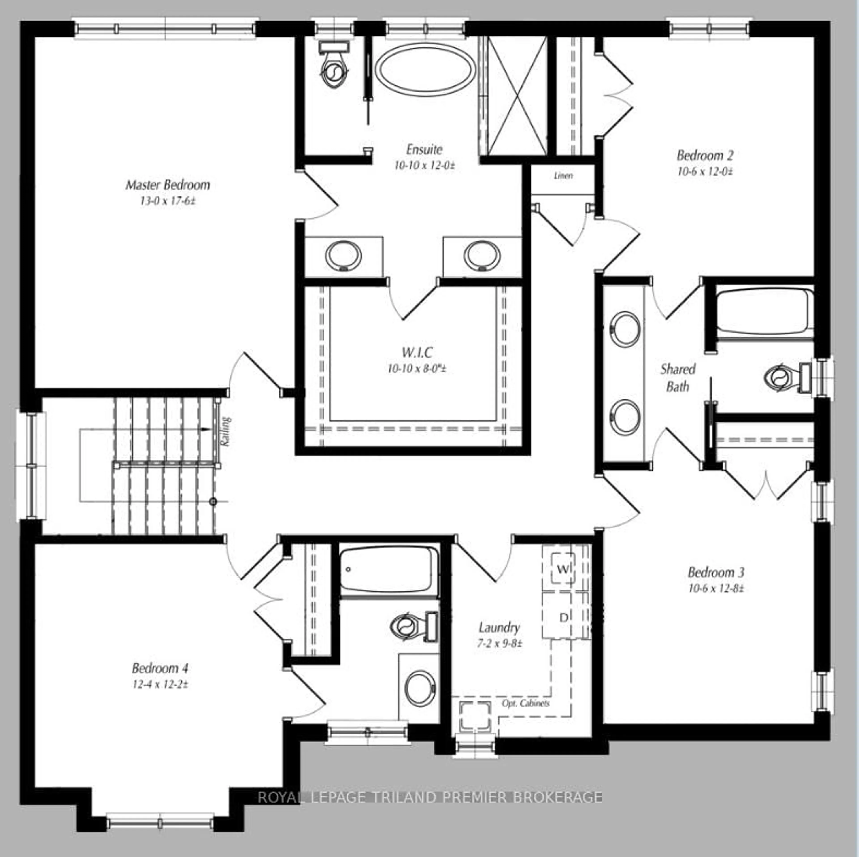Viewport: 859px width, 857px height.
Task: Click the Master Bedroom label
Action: coord(168,185)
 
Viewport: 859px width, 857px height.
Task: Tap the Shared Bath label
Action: coord(678,377)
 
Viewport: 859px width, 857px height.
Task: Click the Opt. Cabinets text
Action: coord(525,703)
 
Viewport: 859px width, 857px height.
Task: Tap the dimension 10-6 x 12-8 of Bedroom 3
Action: coord(716,588)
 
